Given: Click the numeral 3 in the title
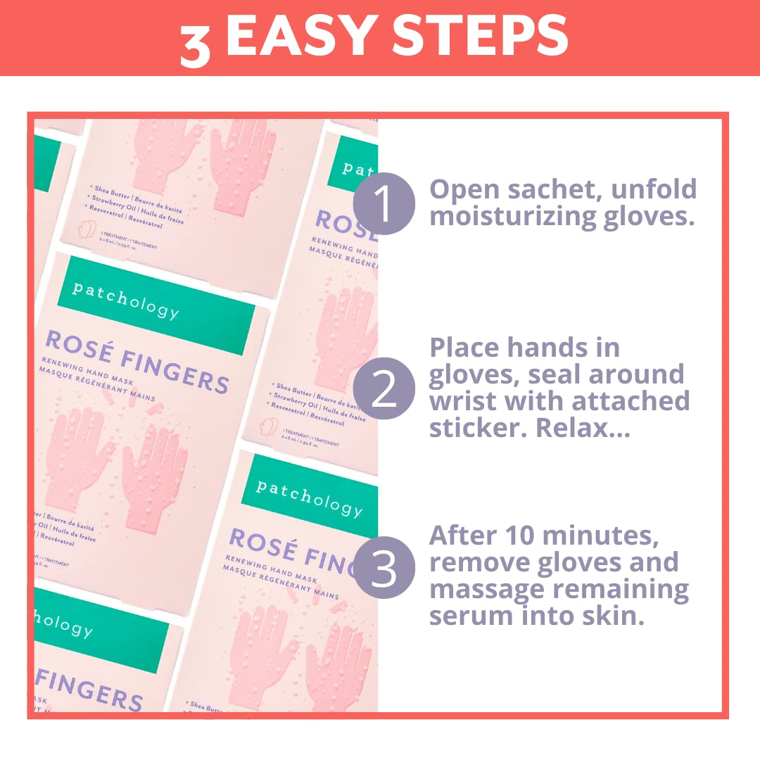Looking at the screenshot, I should click(195, 44).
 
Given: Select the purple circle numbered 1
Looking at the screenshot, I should click(384, 203).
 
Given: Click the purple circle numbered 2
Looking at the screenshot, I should click(384, 388).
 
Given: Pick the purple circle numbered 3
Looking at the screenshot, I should click(384, 568).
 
